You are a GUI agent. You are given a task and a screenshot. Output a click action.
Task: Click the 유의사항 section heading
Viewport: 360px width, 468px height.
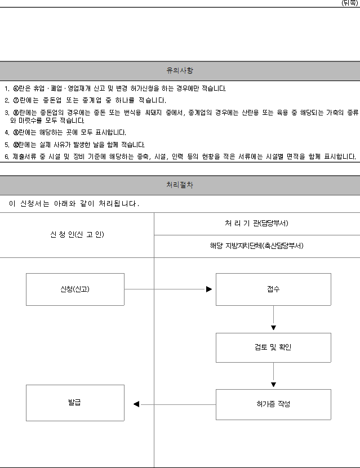point(180,70)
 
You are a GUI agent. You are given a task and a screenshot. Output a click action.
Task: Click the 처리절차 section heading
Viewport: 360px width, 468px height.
point(180,185)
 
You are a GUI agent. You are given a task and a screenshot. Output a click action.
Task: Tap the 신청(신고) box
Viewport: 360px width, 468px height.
point(75,289)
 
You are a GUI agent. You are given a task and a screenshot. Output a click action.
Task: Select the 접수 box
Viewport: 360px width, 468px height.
point(273,289)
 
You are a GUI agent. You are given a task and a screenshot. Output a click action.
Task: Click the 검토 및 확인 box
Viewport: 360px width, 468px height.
point(273,347)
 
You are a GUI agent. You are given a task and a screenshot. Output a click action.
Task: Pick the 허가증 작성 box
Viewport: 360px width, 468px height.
point(273,404)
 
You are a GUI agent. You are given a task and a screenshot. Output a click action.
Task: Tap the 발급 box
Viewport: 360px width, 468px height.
point(75,403)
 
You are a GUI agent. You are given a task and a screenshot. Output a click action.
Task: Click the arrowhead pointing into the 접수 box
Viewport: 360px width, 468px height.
point(209,289)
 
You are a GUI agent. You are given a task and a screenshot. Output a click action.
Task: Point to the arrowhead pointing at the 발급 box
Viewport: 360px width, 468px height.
point(136,404)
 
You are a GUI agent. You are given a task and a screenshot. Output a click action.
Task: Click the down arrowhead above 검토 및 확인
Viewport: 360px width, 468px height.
point(273,328)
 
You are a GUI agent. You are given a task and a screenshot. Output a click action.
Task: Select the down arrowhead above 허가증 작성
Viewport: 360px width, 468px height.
point(273,385)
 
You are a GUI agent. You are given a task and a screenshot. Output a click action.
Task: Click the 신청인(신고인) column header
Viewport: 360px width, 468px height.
point(77,235)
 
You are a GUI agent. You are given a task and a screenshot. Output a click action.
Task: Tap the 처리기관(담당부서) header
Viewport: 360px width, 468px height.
point(256,223)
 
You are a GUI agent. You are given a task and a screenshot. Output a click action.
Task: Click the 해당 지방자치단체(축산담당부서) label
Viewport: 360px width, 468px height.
point(257,246)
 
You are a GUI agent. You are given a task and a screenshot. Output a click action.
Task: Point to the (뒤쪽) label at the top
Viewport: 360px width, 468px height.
point(350,3)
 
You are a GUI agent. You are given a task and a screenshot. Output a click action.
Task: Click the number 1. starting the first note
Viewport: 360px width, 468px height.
point(7,88)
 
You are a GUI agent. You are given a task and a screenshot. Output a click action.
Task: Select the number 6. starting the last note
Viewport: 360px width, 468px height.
point(7,157)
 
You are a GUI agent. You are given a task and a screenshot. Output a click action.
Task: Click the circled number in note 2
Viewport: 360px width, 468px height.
point(16,101)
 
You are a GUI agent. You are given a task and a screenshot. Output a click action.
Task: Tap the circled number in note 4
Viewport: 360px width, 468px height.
point(16,132)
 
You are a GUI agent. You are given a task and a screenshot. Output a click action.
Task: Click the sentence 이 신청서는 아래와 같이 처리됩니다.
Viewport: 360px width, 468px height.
point(74,203)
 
